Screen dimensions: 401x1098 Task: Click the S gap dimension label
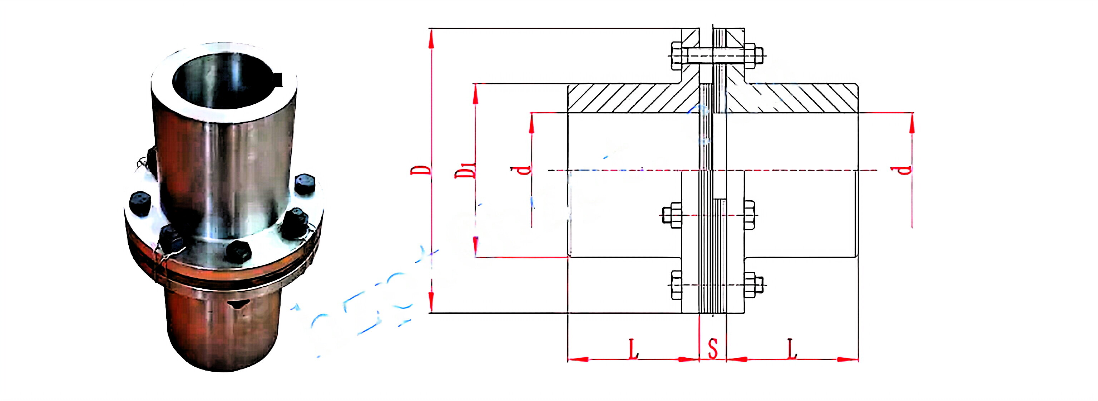(713, 348)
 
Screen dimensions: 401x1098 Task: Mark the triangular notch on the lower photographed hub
(237, 304)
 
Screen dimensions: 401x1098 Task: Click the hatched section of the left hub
(627, 98)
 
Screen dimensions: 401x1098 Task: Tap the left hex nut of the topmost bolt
(677, 56)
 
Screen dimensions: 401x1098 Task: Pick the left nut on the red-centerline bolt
(672, 215)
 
